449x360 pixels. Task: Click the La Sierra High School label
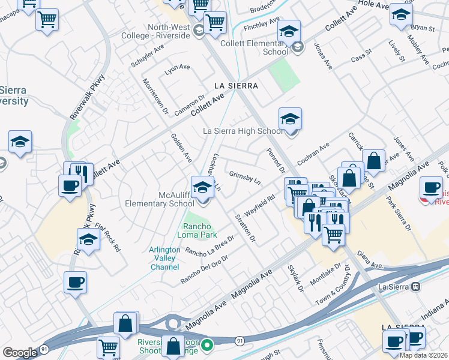[243, 131]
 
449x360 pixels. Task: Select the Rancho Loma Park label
[201, 230]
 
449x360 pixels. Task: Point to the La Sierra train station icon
[416, 287]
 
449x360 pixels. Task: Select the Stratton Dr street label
[246, 229]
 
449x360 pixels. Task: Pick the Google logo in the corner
[20, 353]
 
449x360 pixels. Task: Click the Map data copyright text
[424, 355]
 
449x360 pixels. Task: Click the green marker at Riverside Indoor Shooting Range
[207, 345]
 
